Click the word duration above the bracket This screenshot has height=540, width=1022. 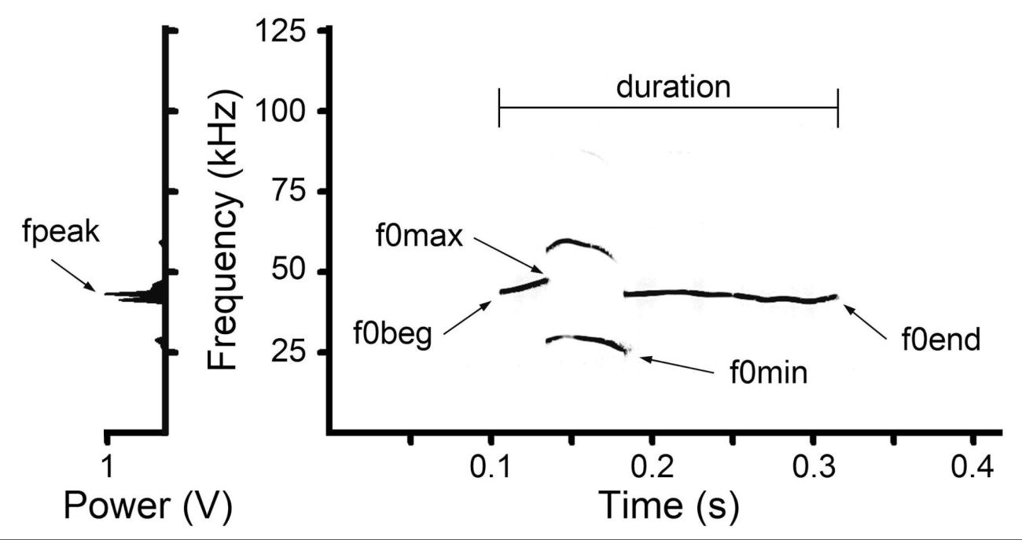click(673, 86)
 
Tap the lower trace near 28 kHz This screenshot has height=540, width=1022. click(586, 340)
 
